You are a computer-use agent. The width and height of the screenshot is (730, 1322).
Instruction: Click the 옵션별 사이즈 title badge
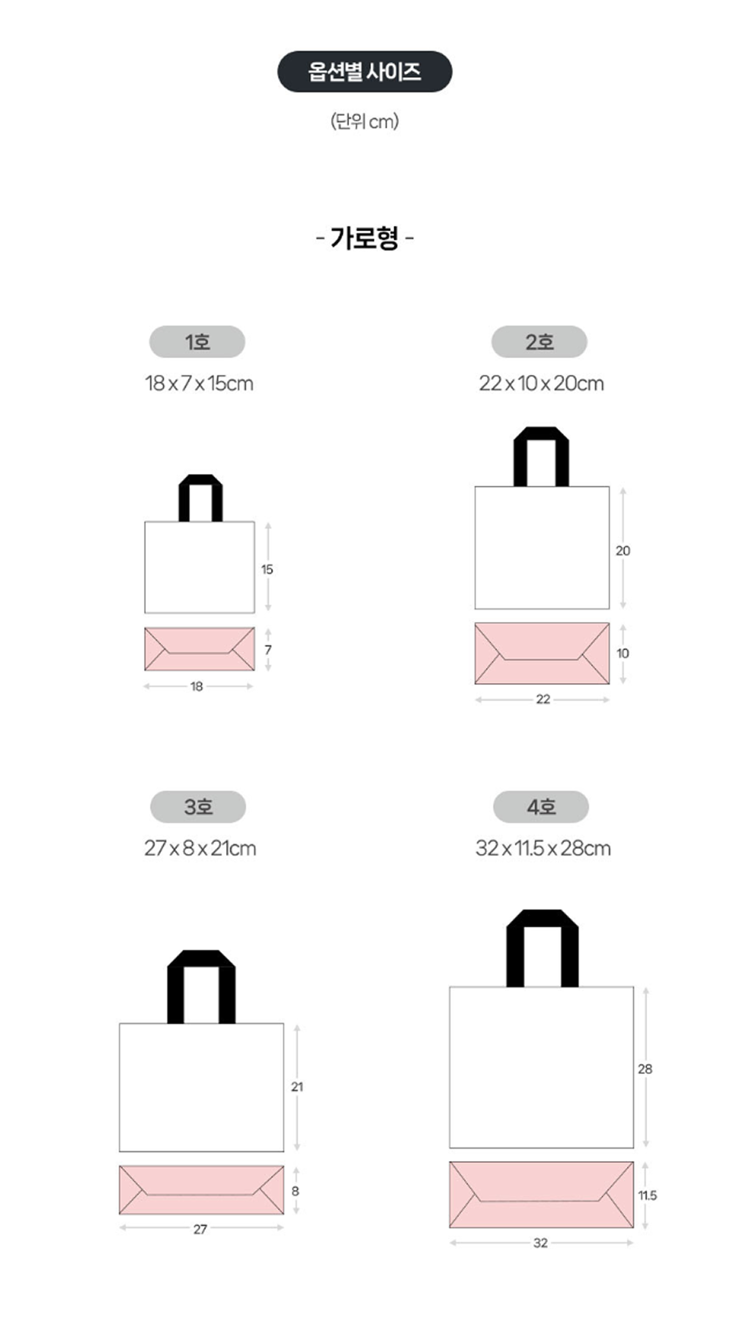(364, 71)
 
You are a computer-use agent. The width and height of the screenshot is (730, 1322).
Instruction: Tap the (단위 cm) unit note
(364, 121)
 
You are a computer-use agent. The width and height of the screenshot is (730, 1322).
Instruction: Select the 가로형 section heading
(364, 239)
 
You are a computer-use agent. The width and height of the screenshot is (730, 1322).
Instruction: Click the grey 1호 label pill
(197, 342)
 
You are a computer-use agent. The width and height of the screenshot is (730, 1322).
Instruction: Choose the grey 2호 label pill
(539, 342)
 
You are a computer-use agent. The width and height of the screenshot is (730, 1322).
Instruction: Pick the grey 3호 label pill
(198, 807)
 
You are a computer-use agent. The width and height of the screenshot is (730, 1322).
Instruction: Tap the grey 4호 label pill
(541, 807)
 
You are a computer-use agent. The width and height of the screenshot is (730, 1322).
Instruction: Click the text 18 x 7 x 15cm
(199, 383)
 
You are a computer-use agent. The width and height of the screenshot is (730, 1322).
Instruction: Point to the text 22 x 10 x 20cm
(541, 383)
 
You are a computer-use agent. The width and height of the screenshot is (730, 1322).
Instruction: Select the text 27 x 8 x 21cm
(200, 849)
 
